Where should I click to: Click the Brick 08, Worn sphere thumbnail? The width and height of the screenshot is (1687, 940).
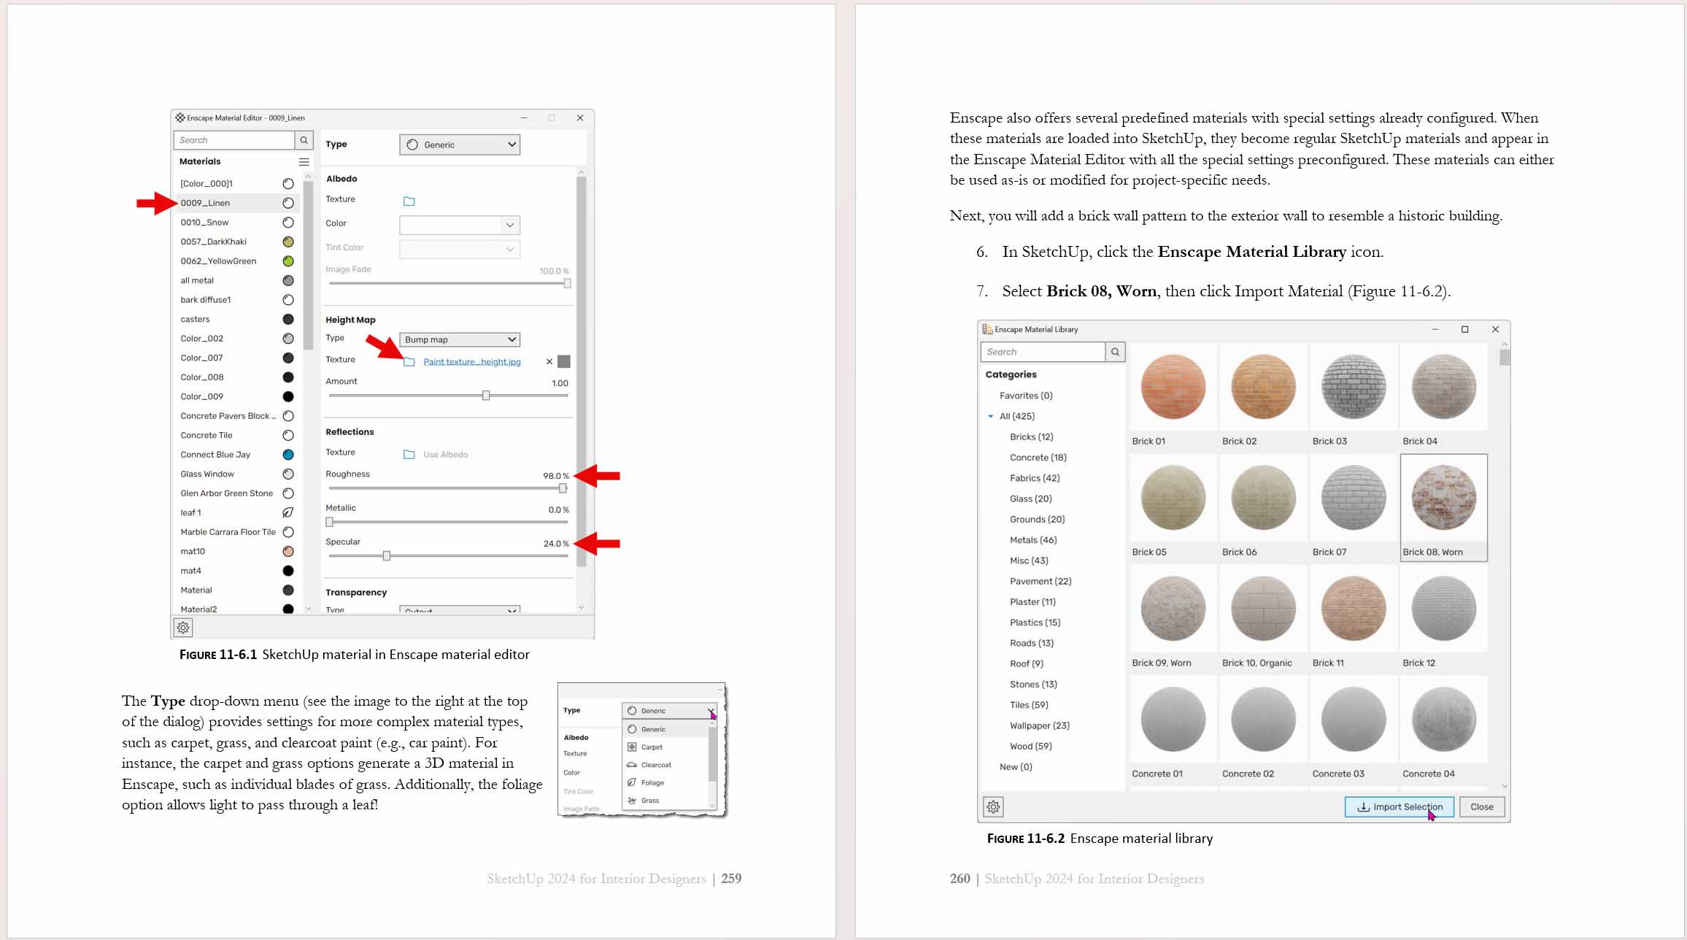pos(1443,498)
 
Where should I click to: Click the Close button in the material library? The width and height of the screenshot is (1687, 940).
pos(1481,806)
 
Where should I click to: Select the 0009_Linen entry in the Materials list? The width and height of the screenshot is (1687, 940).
pos(205,203)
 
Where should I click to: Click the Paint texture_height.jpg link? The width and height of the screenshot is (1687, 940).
pos(471,362)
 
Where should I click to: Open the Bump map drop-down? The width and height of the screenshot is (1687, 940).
pos(460,339)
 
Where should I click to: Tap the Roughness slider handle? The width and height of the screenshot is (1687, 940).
pos(563,488)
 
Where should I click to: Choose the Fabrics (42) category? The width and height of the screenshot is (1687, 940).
pos(1034,478)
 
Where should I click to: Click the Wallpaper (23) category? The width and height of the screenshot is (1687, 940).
pos(1039,725)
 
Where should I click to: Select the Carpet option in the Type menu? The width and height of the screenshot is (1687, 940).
pos(652,747)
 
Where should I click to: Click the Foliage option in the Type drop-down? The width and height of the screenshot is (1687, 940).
pos(652,782)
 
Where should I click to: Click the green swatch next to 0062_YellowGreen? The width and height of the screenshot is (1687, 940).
pos(288,261)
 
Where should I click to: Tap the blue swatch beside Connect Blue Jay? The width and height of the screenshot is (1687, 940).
pos(288,455)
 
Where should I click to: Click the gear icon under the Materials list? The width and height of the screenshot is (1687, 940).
pos(183,628)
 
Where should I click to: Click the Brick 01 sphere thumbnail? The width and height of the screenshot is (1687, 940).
pos(1173,387)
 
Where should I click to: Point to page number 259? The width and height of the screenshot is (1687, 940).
pos(730,879)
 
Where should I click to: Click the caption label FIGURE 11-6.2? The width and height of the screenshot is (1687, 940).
pos(1025,839)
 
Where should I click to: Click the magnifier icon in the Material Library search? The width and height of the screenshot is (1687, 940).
pos(1115,352)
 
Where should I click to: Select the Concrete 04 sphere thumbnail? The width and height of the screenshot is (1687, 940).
pos(1443,720)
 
